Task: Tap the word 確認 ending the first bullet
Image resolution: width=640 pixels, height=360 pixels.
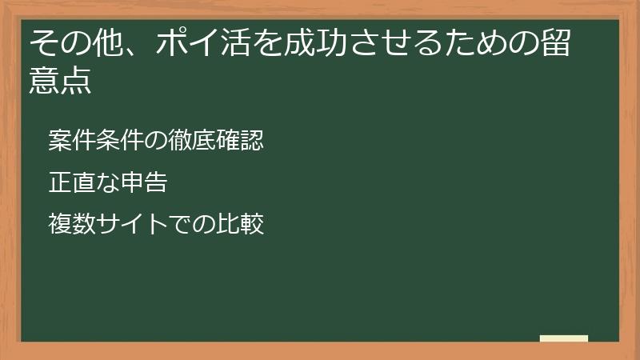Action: pyautogui.click(x=242, y=141)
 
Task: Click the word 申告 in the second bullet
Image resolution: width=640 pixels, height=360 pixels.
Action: pyautogui.click(x=145, y=182)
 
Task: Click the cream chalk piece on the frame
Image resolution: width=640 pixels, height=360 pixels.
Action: pyautogui.click(x=564, y=338)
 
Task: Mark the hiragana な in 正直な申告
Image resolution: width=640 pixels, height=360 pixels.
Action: pyautogui.click(x=102, y=182)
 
